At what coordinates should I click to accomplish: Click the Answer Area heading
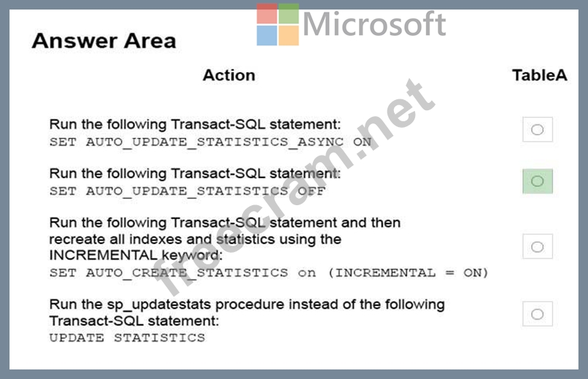pyautogui.click(x=104, y=41)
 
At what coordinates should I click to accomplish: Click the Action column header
pyautogui.click(x=229, y=75)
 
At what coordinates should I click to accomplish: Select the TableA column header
pyautogui.click(x=540, y=75)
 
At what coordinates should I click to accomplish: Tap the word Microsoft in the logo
pyautogui.click(x=374, y=23)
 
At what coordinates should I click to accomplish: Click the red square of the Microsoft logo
pyautogui.click(x=267, y=14)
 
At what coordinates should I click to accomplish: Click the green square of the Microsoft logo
pyautogui.click(x=289, y=14)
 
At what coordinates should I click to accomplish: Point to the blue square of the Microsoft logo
pyautogui.click(x=267, y=35)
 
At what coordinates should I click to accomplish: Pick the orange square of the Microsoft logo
pyautogui.click(x=289, y=35)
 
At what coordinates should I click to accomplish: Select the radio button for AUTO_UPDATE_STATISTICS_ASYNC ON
pyautogui.click(x=538, y=129)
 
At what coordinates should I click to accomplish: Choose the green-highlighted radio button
pyautogui.click(x=538, y=181)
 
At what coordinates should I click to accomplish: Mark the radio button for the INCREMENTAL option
pyautogui.click(x=538, y=247)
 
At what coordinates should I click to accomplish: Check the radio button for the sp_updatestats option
pyautogui.click(x=538, y=314)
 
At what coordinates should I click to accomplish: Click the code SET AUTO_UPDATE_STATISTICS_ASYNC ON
pyautogui.click(x=210, y=142)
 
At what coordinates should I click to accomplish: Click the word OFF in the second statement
pyautogui.click(x=312, y=191)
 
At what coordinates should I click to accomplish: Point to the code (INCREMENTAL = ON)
pyautogui.click(x=408, y=272)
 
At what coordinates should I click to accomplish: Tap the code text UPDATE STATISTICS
pyautogui.click(x=127, y=337)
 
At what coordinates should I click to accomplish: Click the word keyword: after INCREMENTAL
pyautogui.click(x=192, y=256)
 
